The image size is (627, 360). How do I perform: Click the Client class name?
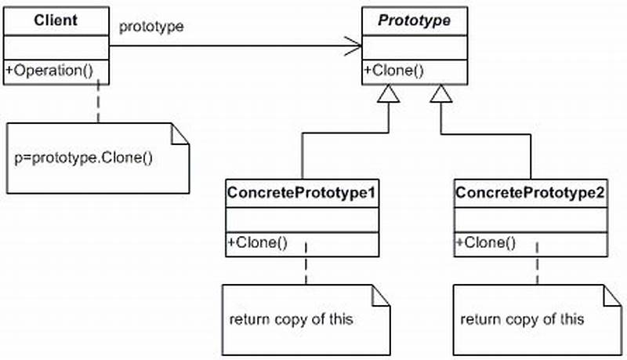tap(56, 19)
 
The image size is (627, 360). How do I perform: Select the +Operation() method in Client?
tap(49, 70)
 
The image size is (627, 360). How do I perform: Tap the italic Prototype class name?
tap(414, 21)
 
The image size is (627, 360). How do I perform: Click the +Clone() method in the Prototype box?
tap(393, 70)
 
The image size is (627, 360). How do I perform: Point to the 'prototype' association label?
tap(151, 27)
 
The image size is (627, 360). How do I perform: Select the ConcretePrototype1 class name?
tap(302, 191)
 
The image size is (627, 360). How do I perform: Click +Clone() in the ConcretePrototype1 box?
tap(256, 242)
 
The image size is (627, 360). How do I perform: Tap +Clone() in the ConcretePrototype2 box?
tap(485, 242)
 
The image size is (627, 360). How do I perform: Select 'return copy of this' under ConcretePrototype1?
tap(292, 319)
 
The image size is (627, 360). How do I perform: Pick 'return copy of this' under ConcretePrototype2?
tap(522, 319)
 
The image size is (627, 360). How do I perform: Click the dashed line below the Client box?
tap(99, 103)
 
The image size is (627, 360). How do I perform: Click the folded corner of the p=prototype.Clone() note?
tap(181, 133)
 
